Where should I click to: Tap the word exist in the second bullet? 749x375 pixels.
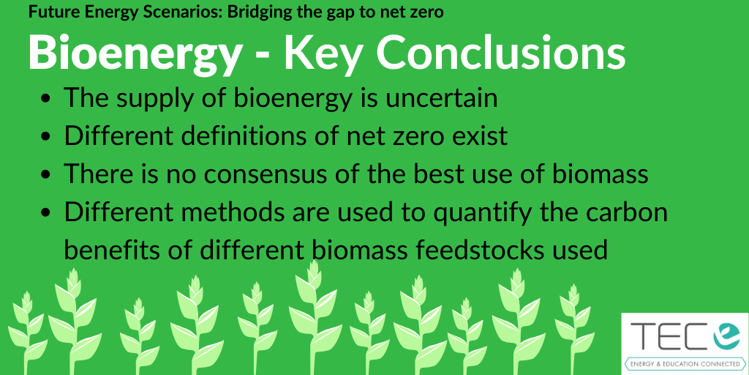point(479,135)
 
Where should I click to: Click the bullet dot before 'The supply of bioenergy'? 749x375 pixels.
point(46,99)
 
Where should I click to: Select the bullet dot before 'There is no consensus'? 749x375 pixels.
point(46,174)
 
